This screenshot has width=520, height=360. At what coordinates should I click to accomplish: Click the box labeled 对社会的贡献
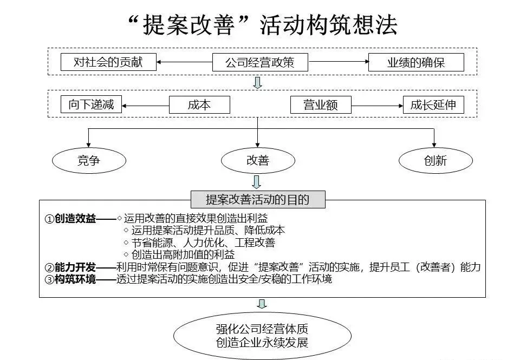coord(108,62)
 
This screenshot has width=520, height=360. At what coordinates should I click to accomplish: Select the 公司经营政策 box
coord(259,62)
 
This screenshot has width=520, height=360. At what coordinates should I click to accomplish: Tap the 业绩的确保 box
coord(415,62)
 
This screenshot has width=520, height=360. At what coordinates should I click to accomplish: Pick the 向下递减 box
coord(91,104)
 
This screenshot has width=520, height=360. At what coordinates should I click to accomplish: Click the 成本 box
coord(199,104)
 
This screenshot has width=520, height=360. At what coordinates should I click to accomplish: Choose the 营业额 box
coord(320,104)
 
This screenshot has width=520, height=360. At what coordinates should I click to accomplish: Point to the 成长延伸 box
coord(433,104)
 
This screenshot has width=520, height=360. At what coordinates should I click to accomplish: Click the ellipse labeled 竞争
coord(89,160)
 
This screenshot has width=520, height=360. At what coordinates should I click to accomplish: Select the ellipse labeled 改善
coord(258,160)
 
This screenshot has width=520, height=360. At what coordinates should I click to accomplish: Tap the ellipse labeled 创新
coord(435,160)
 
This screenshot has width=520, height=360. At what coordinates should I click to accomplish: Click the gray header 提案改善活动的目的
coord(258,199)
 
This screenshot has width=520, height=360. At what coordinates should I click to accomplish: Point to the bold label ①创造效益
coord(70,219)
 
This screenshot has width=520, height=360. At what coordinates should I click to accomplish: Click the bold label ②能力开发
coord(70,267)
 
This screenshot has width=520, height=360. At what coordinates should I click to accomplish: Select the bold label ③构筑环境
coord(70,279)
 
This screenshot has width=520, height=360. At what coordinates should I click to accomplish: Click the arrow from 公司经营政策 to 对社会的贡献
coord(184,62)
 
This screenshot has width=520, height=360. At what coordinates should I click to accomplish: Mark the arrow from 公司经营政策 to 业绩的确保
coord(338,62)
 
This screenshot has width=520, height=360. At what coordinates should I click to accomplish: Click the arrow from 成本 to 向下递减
coord(145,104)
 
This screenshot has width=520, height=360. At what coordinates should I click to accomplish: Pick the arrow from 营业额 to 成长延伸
coord(377,104)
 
